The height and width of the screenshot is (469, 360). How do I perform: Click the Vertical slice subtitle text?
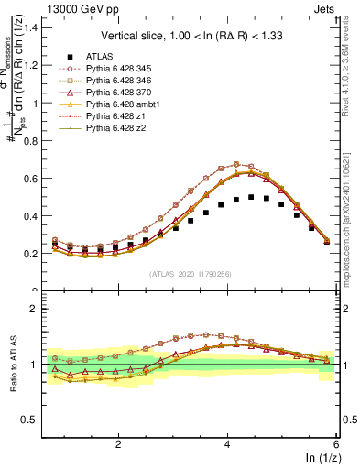coord(194,36)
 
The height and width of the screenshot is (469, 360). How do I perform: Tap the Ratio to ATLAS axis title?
coord(12,366)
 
